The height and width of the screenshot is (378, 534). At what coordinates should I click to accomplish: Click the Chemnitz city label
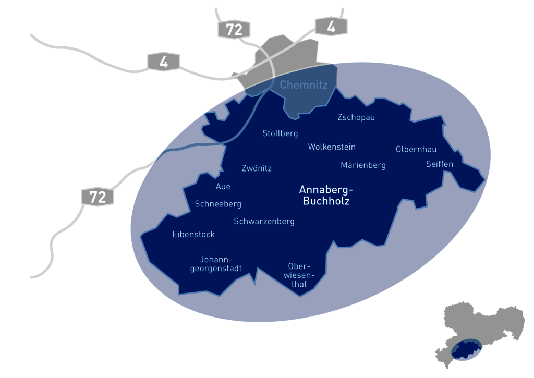point(304,84)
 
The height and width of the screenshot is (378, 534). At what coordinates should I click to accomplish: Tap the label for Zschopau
point(356,117)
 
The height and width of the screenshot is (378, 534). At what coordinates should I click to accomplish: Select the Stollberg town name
point(280,133)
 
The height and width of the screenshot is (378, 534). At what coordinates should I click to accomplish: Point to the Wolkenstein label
point(332,147)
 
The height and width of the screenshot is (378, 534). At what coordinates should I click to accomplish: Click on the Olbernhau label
point(416,149)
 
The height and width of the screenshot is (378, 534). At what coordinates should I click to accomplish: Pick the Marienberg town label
point(363,165)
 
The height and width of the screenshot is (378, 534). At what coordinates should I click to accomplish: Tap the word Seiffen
point(440,164)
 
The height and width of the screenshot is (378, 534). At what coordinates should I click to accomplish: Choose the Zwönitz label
point(257,168)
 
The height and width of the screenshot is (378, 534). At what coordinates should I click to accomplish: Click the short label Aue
point(223,187)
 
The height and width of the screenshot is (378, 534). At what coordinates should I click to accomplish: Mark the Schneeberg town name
point(218,204)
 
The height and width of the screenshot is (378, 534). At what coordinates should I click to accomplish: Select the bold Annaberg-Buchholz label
point(326,194)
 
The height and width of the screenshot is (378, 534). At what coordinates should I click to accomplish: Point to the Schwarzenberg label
point(264,222)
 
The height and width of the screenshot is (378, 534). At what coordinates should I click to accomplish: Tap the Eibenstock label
point(193,235)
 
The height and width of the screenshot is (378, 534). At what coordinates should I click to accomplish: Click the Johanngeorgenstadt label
point(215,264)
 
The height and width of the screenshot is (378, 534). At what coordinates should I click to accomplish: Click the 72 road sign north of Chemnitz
point(234,30)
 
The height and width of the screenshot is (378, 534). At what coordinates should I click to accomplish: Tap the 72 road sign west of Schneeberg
point(98,197)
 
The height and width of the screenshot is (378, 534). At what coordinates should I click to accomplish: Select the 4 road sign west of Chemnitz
point(164,62)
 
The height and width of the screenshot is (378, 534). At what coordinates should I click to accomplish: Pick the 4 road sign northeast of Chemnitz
point(331,27)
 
